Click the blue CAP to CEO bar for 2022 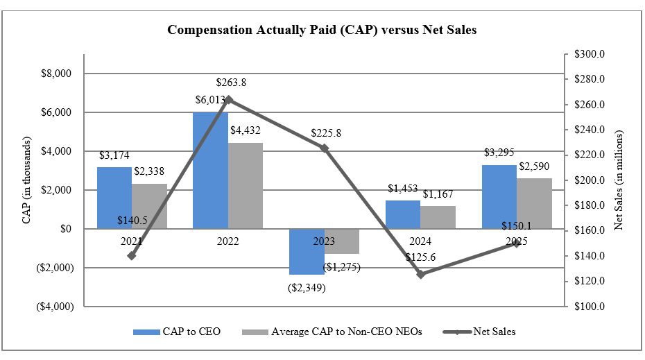click(x=210, y=170)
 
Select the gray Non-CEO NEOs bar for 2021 click(x=149, y=206)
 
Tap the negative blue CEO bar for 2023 click(x=307, y=251)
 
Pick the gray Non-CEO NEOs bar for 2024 click(x=438, y=217)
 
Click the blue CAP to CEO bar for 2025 click(x=499, y=196)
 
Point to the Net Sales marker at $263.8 click(x=228, y=99)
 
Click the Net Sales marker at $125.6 click(x=420, y=274)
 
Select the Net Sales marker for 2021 click(x=132, y=255)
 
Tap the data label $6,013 click(x=211, y=99)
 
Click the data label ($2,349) click(x=307, y=286)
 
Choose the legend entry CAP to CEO click(x=177, y=332)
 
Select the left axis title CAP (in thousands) click(x=26, y=189)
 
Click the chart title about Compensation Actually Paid click(x=322, y=31)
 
